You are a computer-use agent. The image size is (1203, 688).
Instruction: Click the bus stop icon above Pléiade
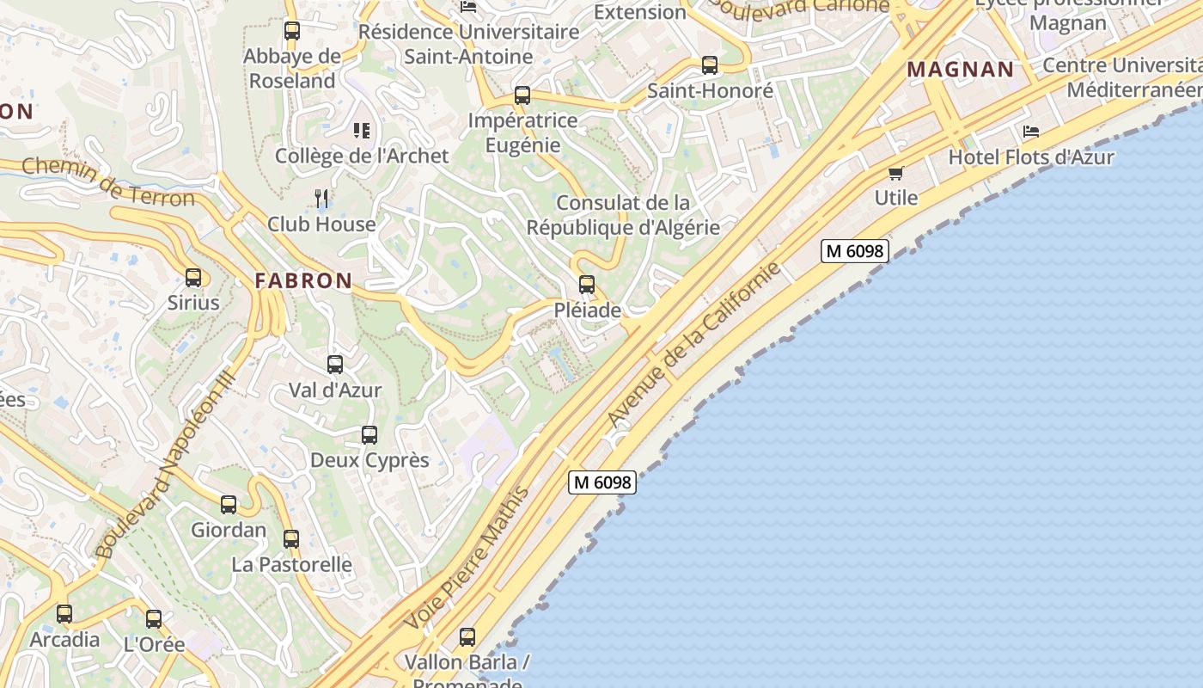coord(587,284)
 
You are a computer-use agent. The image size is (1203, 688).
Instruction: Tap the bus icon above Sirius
coord(193,277)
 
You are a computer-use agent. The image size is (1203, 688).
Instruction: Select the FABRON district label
coord(303,280)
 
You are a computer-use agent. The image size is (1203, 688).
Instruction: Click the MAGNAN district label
coord(961,70)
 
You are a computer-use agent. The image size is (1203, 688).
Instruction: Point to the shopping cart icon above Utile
coord(896,173)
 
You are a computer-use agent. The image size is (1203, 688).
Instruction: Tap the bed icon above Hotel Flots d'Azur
coord(1031,132)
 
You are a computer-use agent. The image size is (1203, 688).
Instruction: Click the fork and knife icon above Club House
coord(321,199)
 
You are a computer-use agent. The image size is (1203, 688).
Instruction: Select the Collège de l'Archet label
coord(362,156)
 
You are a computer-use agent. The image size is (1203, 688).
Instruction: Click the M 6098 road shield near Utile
coord(854,251)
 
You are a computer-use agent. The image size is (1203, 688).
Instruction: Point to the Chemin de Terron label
coord(108,182)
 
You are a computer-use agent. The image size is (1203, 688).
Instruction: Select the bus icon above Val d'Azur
coord(335,365)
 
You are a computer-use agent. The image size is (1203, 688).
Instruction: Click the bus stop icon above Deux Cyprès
coord(369,435)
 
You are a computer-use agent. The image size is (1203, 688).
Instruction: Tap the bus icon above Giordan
coord(229,505)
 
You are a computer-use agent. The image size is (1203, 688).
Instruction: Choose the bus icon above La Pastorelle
coord(291,539)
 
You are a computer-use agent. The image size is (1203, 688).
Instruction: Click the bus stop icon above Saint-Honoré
coord(710,65)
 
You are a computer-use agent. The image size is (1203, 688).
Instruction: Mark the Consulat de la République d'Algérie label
coord(623,215)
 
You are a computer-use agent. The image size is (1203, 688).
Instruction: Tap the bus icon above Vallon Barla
coord(467,637)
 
